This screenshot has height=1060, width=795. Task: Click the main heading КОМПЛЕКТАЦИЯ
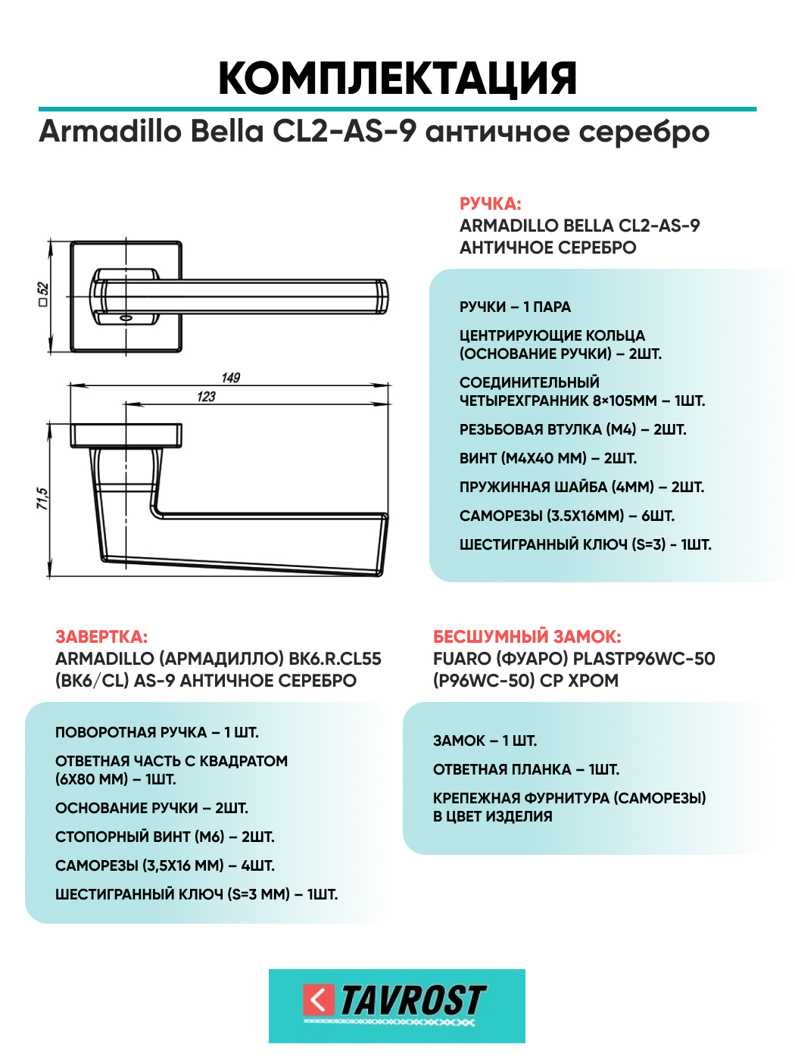click(397, 79)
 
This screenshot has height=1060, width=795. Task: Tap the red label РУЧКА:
click(490, 204)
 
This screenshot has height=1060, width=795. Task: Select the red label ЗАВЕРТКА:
click(101, 637)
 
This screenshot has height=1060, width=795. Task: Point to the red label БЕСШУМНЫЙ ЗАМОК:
click(527, 637)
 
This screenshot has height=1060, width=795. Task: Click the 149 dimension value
click(231, 378)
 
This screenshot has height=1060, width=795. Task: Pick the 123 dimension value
click(206, 397)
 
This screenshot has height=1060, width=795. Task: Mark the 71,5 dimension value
click(42, 498)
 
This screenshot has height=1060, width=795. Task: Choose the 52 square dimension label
click(43, 294)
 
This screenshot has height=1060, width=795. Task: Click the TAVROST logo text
click(413, 1000)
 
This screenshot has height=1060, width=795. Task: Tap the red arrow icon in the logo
click(318, 1000)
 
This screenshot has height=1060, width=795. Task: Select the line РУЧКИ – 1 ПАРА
click(515, 307)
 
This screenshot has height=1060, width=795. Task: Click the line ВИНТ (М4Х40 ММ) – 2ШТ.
click(548, 458)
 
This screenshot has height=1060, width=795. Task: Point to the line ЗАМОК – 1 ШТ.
click(485, 740)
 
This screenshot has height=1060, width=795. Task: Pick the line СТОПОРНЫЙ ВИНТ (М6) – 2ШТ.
click(164, 837)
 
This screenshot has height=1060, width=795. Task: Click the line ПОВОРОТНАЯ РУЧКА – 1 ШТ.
click(157, 732)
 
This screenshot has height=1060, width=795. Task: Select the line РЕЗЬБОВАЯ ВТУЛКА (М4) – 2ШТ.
click(572, 429)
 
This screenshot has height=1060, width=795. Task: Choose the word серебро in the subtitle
click(644, 131)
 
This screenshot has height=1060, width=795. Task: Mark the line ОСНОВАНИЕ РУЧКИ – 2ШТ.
click(151, 808)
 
